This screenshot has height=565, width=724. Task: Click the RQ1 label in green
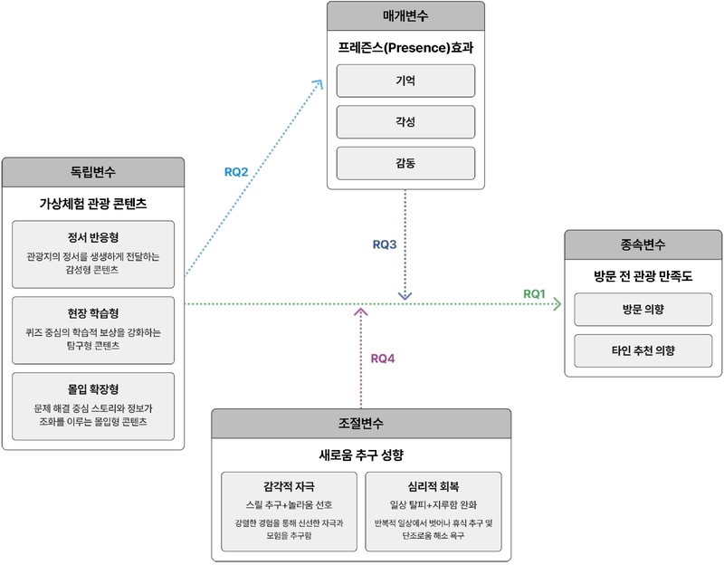[535, 293]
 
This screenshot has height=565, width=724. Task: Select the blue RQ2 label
[236, 171]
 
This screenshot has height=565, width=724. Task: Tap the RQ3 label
[386, 244]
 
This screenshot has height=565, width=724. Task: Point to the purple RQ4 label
[384, 358]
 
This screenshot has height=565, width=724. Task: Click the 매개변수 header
[405, 16]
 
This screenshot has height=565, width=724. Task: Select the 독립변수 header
[93, 171]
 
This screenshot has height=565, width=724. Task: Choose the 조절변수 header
[361, 423]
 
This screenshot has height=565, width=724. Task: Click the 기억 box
[405, 81]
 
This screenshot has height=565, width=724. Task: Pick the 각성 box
[405, 122]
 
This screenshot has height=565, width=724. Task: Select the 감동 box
[405, 163]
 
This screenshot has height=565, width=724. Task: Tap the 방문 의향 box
[643, 309]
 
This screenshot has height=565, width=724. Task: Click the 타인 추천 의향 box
[643, 350]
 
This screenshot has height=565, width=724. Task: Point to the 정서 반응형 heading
[93, 239]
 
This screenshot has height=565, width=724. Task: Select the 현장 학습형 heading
[93, 315]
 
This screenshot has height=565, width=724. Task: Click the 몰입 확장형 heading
[93, 390]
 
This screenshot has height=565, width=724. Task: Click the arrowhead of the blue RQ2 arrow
[319, 82]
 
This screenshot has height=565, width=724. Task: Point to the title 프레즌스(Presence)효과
[405, 47]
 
